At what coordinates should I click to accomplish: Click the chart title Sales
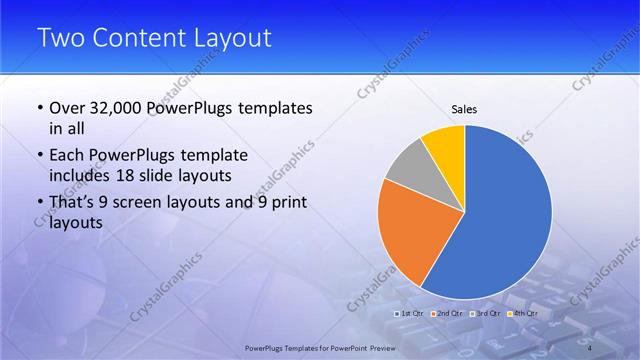tap(464, 108)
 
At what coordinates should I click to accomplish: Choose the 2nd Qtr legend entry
tap(447, 314)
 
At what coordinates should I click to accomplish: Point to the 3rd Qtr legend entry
tap(485, 314)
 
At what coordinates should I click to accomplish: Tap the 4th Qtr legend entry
tap(523, 314)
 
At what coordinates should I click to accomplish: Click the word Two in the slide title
tap(61, 39)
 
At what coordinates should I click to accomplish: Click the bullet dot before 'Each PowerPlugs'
tap(39, 156)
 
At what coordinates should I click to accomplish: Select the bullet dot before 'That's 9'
tap(39, 204)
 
